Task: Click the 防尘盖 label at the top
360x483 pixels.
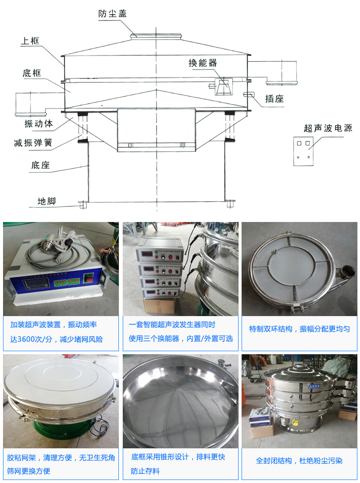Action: (x=112, y=13)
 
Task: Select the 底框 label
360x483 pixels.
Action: (x=32, y=73)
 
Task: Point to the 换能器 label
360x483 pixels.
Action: (x=203, y=63)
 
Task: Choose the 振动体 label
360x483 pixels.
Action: (x=39, y=124)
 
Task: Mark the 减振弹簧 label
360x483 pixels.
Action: (x=36, y=142)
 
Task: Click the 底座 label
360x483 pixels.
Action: (x=40, y=165)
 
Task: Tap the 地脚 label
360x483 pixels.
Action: (x=46, y=201)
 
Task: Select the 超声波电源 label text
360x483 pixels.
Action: (x=328, y=128)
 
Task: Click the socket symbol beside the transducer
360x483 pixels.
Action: (x=249, y=95)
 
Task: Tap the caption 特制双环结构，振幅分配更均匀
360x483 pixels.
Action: (x=299, y=329)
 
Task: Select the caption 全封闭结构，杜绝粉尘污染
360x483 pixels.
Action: (x=299, y=461)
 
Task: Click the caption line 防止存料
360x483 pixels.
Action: (x=145, y=471)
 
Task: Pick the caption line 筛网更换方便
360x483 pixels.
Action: (x=29, y=471)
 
